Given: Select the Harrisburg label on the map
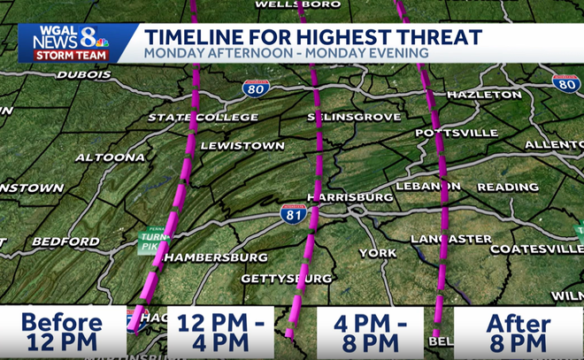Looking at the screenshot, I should coord(350,196).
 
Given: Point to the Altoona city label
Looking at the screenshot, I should coord(110,157).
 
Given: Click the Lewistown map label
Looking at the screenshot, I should coord(242,145).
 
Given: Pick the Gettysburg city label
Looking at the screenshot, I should coord(286,280).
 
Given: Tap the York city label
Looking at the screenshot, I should coord(378,253).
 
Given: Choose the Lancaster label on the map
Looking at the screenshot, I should coord(451,239).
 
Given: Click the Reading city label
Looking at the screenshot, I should coord(508,188).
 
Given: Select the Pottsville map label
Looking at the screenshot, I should coord(457,133).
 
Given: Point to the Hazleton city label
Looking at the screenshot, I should coord(484,94).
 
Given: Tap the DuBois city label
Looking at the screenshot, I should coord(83,74).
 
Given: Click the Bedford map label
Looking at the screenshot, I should coord(65,241).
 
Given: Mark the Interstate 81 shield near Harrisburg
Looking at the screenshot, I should coord(295,213).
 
